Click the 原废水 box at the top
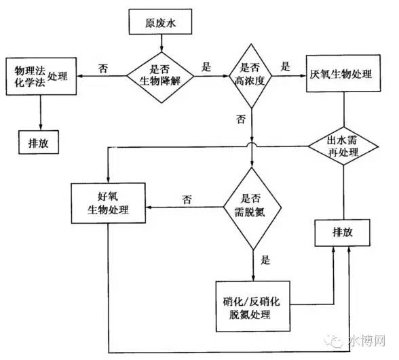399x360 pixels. [160, 22]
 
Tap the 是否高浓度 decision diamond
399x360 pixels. [251, 76]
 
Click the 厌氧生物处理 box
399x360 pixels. [343, 73]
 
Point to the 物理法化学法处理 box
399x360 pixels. [41, 76]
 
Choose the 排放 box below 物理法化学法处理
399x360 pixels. [39, 142]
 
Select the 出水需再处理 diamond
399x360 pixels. [343, 146]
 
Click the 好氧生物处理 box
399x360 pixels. [109, 203]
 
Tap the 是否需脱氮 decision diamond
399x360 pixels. [252, 209]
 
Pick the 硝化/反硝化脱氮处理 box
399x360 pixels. [253, 306]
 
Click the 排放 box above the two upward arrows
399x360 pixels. [343, 233]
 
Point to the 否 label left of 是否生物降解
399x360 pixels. [103, 68]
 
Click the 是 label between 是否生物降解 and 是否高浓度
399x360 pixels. [206, 67]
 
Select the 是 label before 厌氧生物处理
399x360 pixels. [286, 66]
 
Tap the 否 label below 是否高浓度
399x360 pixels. [241, 119]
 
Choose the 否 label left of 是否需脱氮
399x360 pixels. [187, 199]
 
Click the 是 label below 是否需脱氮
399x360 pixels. [265, 260]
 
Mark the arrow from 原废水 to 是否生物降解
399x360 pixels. [161, 43]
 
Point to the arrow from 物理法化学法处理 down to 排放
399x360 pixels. [41, 113]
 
